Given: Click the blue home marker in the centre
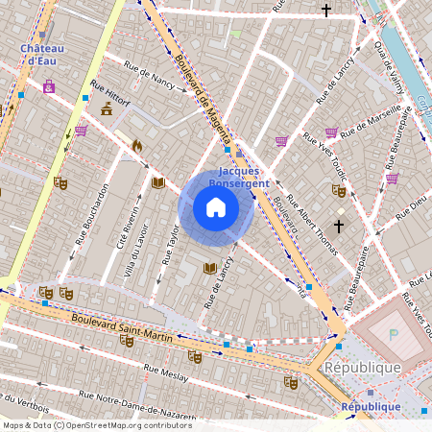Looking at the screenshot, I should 216,207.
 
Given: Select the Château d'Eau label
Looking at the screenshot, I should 40,54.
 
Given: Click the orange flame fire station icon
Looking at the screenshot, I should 136,146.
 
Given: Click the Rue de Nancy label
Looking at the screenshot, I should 149,72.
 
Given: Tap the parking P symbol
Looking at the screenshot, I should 393,334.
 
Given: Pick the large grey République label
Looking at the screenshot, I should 362,368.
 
